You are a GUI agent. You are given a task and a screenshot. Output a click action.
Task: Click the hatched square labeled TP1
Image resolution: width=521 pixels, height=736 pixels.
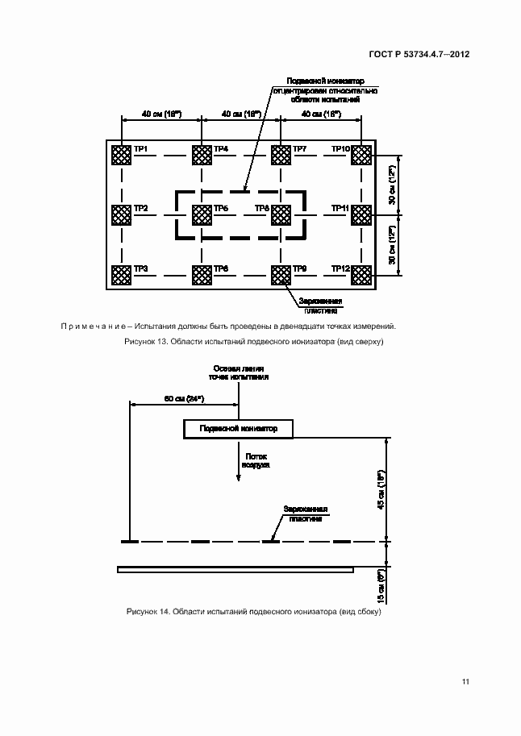click(121, 155)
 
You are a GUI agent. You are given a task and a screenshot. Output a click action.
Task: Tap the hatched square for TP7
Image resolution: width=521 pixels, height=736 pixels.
click(280, 155)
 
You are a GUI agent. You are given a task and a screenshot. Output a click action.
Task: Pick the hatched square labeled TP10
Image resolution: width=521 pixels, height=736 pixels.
click(360, 155)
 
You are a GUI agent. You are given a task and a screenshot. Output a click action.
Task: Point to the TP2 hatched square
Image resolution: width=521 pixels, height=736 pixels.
click(121, 215)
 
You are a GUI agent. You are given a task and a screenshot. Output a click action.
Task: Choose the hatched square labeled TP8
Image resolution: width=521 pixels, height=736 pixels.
click(280, 215)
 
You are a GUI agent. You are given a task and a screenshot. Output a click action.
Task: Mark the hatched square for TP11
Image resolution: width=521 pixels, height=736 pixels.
click(360, 215)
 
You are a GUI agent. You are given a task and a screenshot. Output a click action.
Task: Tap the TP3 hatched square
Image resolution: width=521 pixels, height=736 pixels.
click(121, 276)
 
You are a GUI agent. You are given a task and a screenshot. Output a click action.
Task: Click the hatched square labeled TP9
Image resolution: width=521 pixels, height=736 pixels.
click(280, 276)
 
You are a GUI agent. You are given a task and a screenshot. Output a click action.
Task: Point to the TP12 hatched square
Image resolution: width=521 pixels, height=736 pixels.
click(360, 276)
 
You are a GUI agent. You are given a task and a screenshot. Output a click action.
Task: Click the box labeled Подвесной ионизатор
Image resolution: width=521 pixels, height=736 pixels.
click(238, 429)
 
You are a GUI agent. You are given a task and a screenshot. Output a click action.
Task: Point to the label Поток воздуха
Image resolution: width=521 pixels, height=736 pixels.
click(257, 461)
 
